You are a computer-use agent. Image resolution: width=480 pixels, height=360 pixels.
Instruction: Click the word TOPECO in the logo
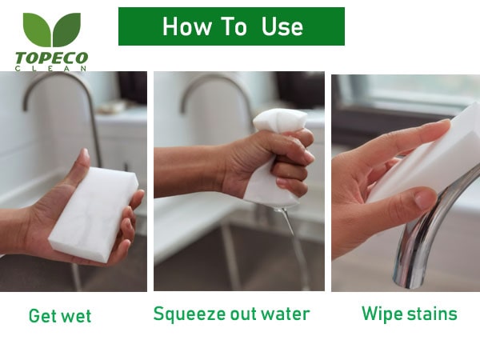point(52,58)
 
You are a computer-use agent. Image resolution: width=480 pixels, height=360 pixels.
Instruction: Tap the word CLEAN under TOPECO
point(51,69)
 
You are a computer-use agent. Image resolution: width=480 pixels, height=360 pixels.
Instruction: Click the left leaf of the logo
point(38,29)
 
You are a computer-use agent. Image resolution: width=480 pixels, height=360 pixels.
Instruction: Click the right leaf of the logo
point(66,29)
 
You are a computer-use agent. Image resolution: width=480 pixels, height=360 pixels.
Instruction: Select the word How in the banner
point(186,26)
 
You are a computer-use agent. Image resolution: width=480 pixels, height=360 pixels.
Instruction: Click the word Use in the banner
point(282,26)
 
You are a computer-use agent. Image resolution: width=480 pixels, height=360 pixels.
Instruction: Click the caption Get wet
point(60,316)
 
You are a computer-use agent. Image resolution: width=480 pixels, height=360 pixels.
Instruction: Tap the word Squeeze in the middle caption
point(190,314)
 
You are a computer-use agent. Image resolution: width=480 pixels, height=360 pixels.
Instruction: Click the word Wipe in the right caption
point(382,314)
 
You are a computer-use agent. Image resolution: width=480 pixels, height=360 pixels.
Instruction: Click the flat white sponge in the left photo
point(94,214)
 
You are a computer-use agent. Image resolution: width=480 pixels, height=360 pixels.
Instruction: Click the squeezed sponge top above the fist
point(279,121)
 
